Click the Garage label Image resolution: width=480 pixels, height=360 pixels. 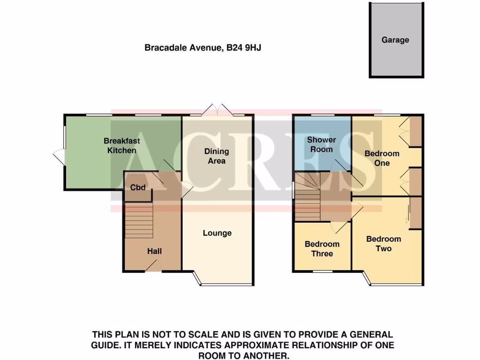tap(395, 40)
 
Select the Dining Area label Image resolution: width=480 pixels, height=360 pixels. tap(217, 156)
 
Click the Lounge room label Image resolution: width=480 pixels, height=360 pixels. tap(217, 233)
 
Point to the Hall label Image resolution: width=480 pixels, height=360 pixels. tap(154, 252)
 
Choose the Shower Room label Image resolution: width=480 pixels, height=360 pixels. tap(321, 144)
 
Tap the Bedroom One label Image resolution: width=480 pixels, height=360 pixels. tap(382, 158)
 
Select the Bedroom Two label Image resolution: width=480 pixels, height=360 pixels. tap(383, 244)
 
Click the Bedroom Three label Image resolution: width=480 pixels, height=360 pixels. tap(322, 249)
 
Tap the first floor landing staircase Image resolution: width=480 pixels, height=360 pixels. tap(309, 195)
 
